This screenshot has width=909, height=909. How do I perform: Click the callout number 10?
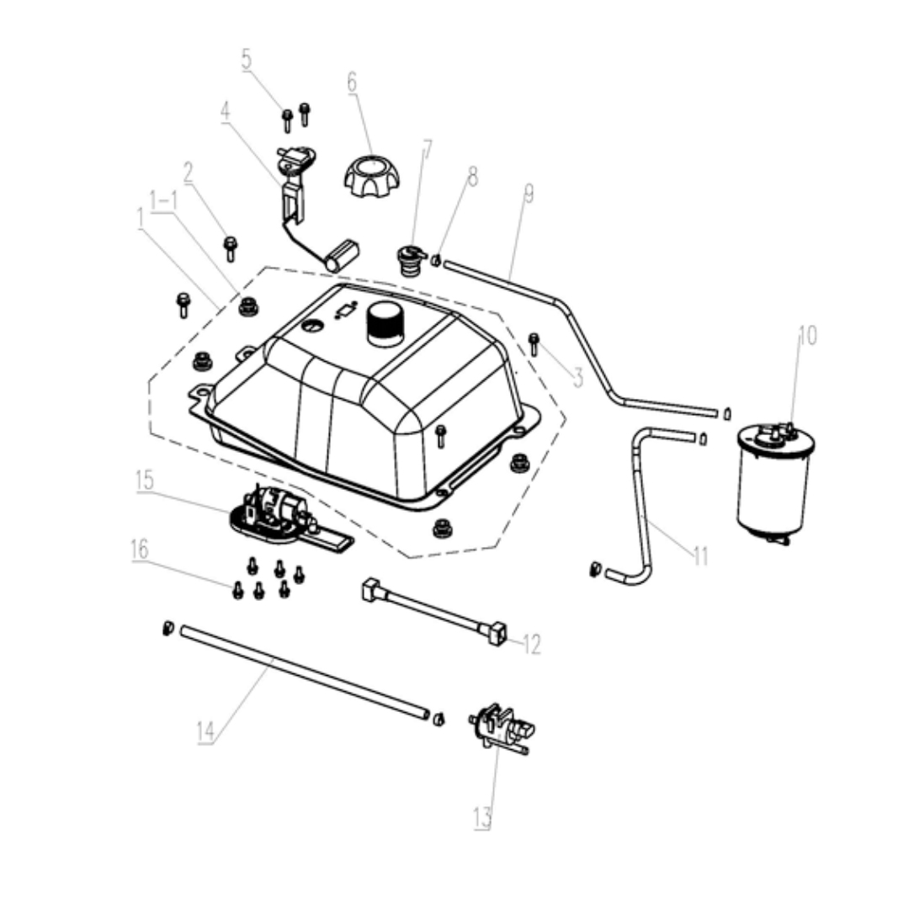pyautogui.click(x=806, y=336)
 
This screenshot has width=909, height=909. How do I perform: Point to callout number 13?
pyautogui.click(x=481, y=816)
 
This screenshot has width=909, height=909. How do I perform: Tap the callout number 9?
pyautogui.click(x=529, y=194)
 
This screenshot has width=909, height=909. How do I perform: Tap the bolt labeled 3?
pyautogui.click(x=533, y=343)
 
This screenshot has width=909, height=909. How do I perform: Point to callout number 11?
pyautogui.click(x=701, y=556)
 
